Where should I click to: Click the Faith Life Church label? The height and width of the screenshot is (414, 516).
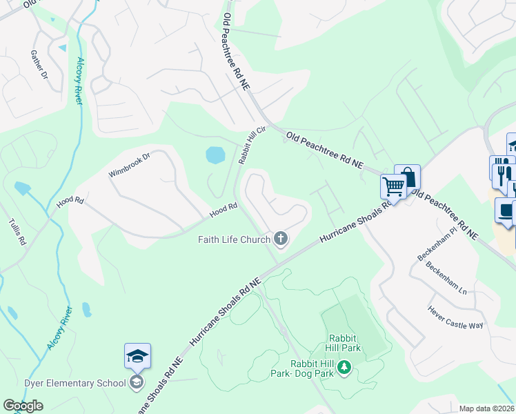click(x=234, y=239)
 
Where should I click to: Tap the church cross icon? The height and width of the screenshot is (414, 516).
click(x=280, y=239)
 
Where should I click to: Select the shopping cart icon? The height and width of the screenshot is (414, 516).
click(x=393, y=185)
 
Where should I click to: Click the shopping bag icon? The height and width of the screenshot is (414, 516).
click(x=408, y=176)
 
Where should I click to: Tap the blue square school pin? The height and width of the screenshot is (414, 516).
click(x=137, y=356)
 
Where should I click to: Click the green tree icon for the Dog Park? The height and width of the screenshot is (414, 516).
click(x=343, y=373)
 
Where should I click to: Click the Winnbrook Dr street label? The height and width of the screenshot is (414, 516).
click(x=129, y=166)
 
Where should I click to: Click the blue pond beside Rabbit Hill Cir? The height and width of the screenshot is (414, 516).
click(x=215, y=155)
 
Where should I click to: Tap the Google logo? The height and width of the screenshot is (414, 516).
click(x=23, y=406)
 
